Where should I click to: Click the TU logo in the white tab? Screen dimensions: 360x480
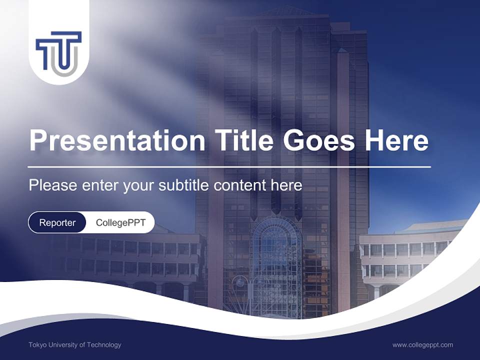(58, 50)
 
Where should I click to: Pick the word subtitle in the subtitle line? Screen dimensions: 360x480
(184, 185)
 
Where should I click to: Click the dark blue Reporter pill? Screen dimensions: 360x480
(57, 222)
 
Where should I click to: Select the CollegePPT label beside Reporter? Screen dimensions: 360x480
(120, 222)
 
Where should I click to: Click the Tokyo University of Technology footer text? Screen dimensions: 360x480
(75, 344)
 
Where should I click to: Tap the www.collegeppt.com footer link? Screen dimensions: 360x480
(422, 344)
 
